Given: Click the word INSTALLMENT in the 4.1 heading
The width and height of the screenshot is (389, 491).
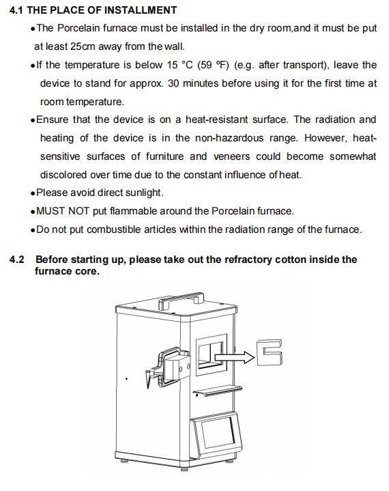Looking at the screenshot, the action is click(140, 10).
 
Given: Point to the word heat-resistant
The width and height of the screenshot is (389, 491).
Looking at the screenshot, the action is click(216, 120).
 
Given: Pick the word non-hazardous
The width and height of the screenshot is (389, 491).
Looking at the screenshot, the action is click(229, 138).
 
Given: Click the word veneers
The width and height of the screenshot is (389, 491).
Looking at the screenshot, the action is click(231, 156).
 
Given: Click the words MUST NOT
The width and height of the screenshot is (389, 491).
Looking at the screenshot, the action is click(63, 211).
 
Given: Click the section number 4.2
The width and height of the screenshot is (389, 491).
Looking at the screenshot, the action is click(17, 259).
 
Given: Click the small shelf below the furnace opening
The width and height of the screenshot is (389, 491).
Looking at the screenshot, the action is click(218, 391).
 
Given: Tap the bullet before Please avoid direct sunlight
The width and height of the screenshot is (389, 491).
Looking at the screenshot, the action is click(33, 193).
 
